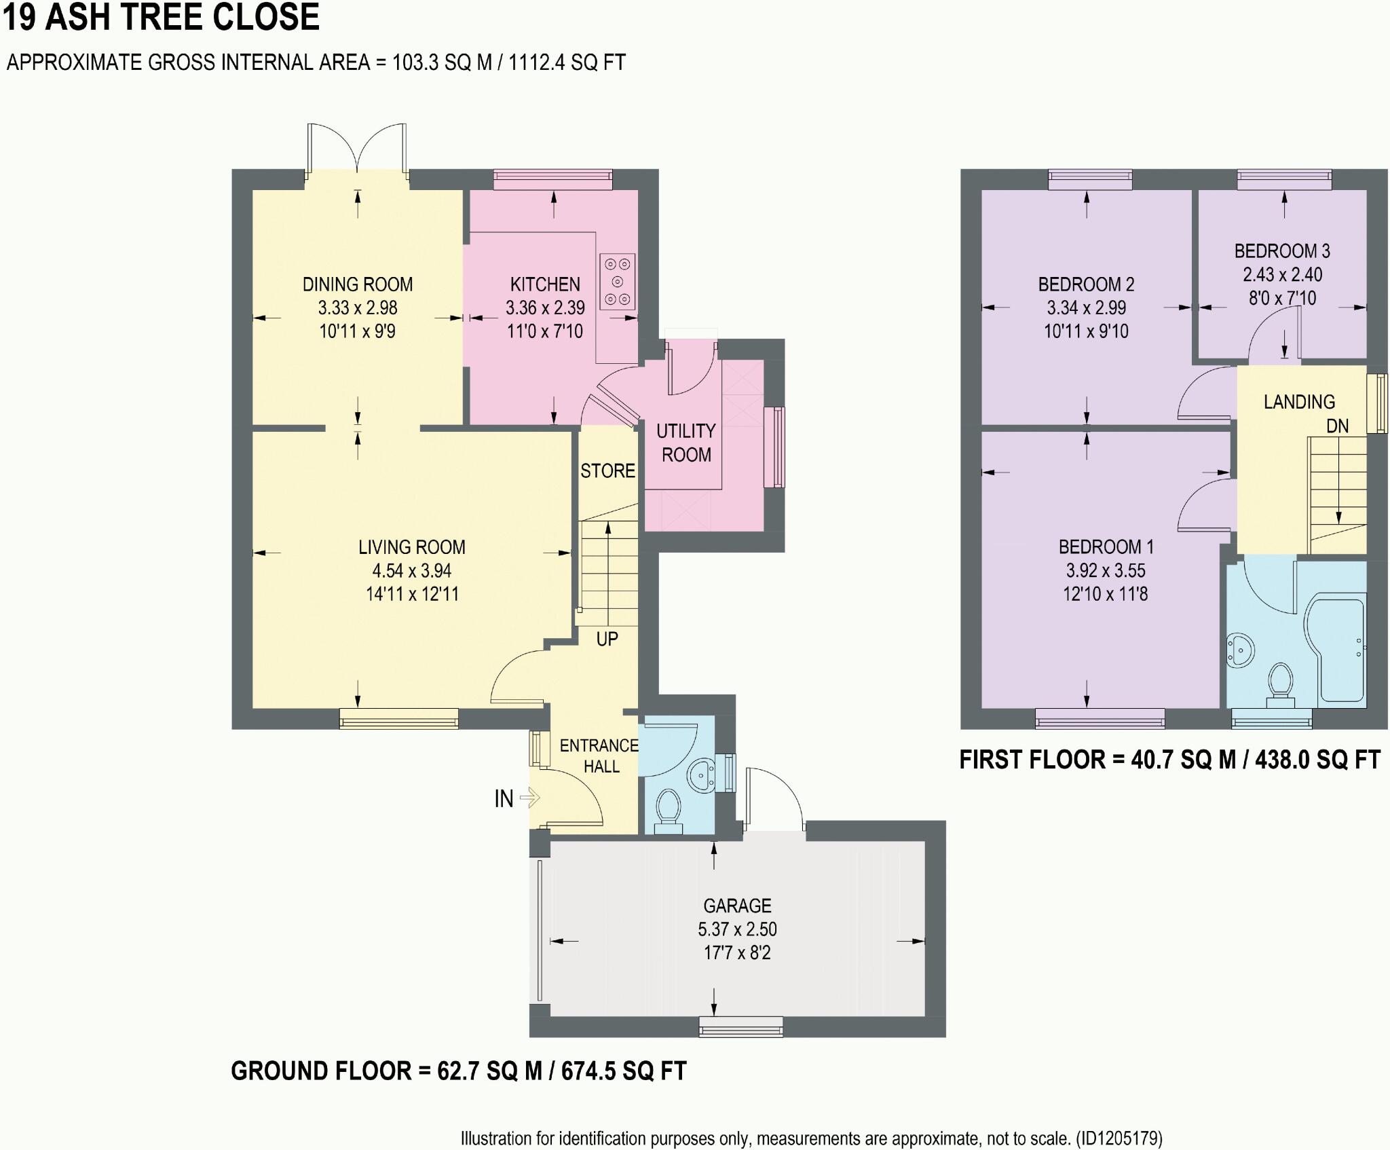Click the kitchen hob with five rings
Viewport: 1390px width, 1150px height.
coord(618,282)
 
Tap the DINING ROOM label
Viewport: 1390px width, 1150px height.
coord(358,284)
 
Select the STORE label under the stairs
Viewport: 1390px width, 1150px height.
coord(607,470)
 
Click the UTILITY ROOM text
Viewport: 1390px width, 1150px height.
coord(686,443)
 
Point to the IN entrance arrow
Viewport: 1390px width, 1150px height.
coord(529,798)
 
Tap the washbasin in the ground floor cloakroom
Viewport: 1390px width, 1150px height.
coord(701,776)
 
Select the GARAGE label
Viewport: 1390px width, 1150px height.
coord(737,906)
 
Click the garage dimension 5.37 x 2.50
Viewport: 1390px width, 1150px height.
coord(737,929)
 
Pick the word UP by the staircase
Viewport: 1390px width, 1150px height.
coord(607,639)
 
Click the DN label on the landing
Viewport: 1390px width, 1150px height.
coord(1338,426)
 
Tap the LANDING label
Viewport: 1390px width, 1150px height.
coord(1299,402)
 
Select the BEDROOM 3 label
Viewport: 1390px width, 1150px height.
coord(1282,251)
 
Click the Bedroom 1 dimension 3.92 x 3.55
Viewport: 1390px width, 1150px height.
coord(1106,571)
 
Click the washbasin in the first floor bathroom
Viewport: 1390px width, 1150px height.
coord(1241,650)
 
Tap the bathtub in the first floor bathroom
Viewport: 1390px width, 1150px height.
coord(1333,650)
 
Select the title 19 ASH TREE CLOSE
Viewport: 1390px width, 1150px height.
coord(161,17)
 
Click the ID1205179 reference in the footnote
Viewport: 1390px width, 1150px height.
coord(1121,1138)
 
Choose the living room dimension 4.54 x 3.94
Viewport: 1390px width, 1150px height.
coord(412,571)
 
